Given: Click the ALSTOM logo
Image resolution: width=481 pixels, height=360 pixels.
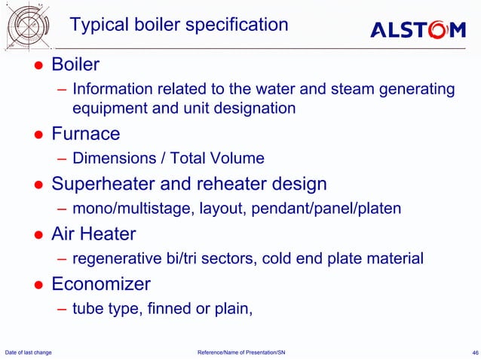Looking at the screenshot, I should pos(418,29).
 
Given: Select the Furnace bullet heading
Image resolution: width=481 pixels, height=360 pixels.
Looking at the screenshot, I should pos(85,134).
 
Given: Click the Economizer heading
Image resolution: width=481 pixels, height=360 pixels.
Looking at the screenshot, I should pos(100,284).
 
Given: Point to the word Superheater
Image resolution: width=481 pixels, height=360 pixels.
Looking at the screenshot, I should pos(100,184).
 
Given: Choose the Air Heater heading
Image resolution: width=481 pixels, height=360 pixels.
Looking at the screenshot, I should pos(93,233).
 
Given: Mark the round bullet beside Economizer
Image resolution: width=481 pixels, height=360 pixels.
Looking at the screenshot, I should pos(36,285).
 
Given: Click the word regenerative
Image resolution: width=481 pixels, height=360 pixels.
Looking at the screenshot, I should pos(117,258).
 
